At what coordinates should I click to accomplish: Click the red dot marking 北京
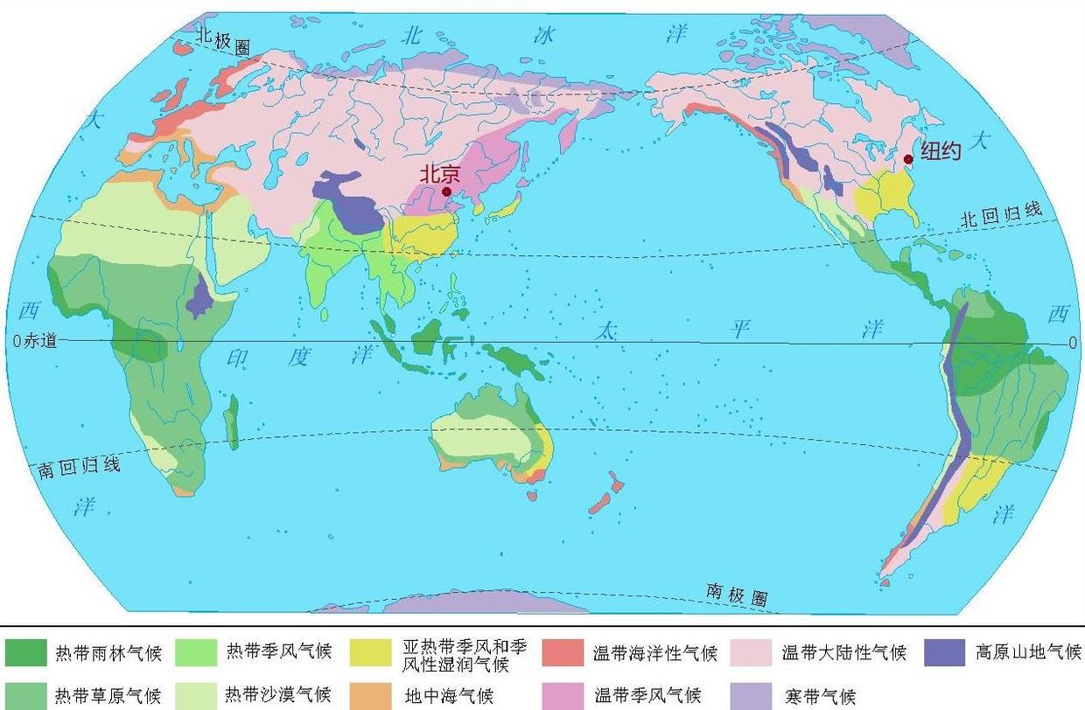[447, 191]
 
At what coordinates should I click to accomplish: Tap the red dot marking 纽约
[908, 159]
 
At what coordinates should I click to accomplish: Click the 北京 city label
[439, 174]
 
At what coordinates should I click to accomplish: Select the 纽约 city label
[941, 151]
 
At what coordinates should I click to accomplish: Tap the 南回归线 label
[78, 467]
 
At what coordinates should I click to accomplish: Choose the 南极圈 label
[737, 595]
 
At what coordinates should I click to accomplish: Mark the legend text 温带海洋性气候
[654, 653]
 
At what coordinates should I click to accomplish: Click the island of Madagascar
[231, 422]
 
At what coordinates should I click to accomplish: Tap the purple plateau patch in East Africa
[200, 295]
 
